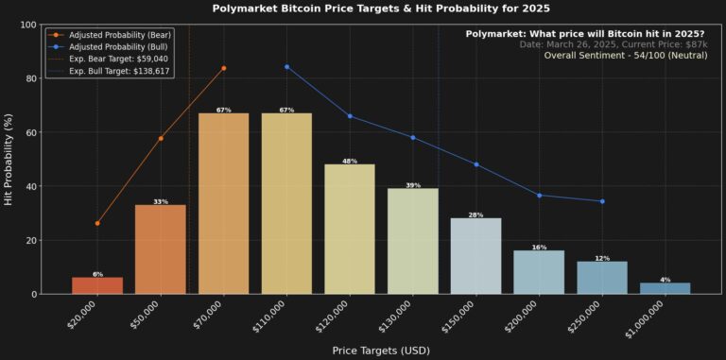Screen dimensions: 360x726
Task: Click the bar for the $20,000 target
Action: (x=97, y=285)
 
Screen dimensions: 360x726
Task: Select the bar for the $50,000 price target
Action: (x=161, y=249)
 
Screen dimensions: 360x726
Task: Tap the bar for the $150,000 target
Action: (x=475, y=256)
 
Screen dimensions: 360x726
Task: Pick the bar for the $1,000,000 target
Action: (x=665, y=288)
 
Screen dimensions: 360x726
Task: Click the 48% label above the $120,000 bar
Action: (x=350, y=162)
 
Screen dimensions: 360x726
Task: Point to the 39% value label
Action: (x=413, y=185)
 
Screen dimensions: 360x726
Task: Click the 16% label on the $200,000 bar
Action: (x=539, y=248)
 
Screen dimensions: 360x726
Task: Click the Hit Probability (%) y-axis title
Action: (x=9, y=159)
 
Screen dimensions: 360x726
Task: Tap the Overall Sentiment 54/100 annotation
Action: (x=624, y=56)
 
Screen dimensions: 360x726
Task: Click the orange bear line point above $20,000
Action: (x=97, y=223)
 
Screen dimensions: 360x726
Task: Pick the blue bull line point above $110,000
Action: (x=286, y=67)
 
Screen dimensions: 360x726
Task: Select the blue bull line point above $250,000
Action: (x=602, y=201)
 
